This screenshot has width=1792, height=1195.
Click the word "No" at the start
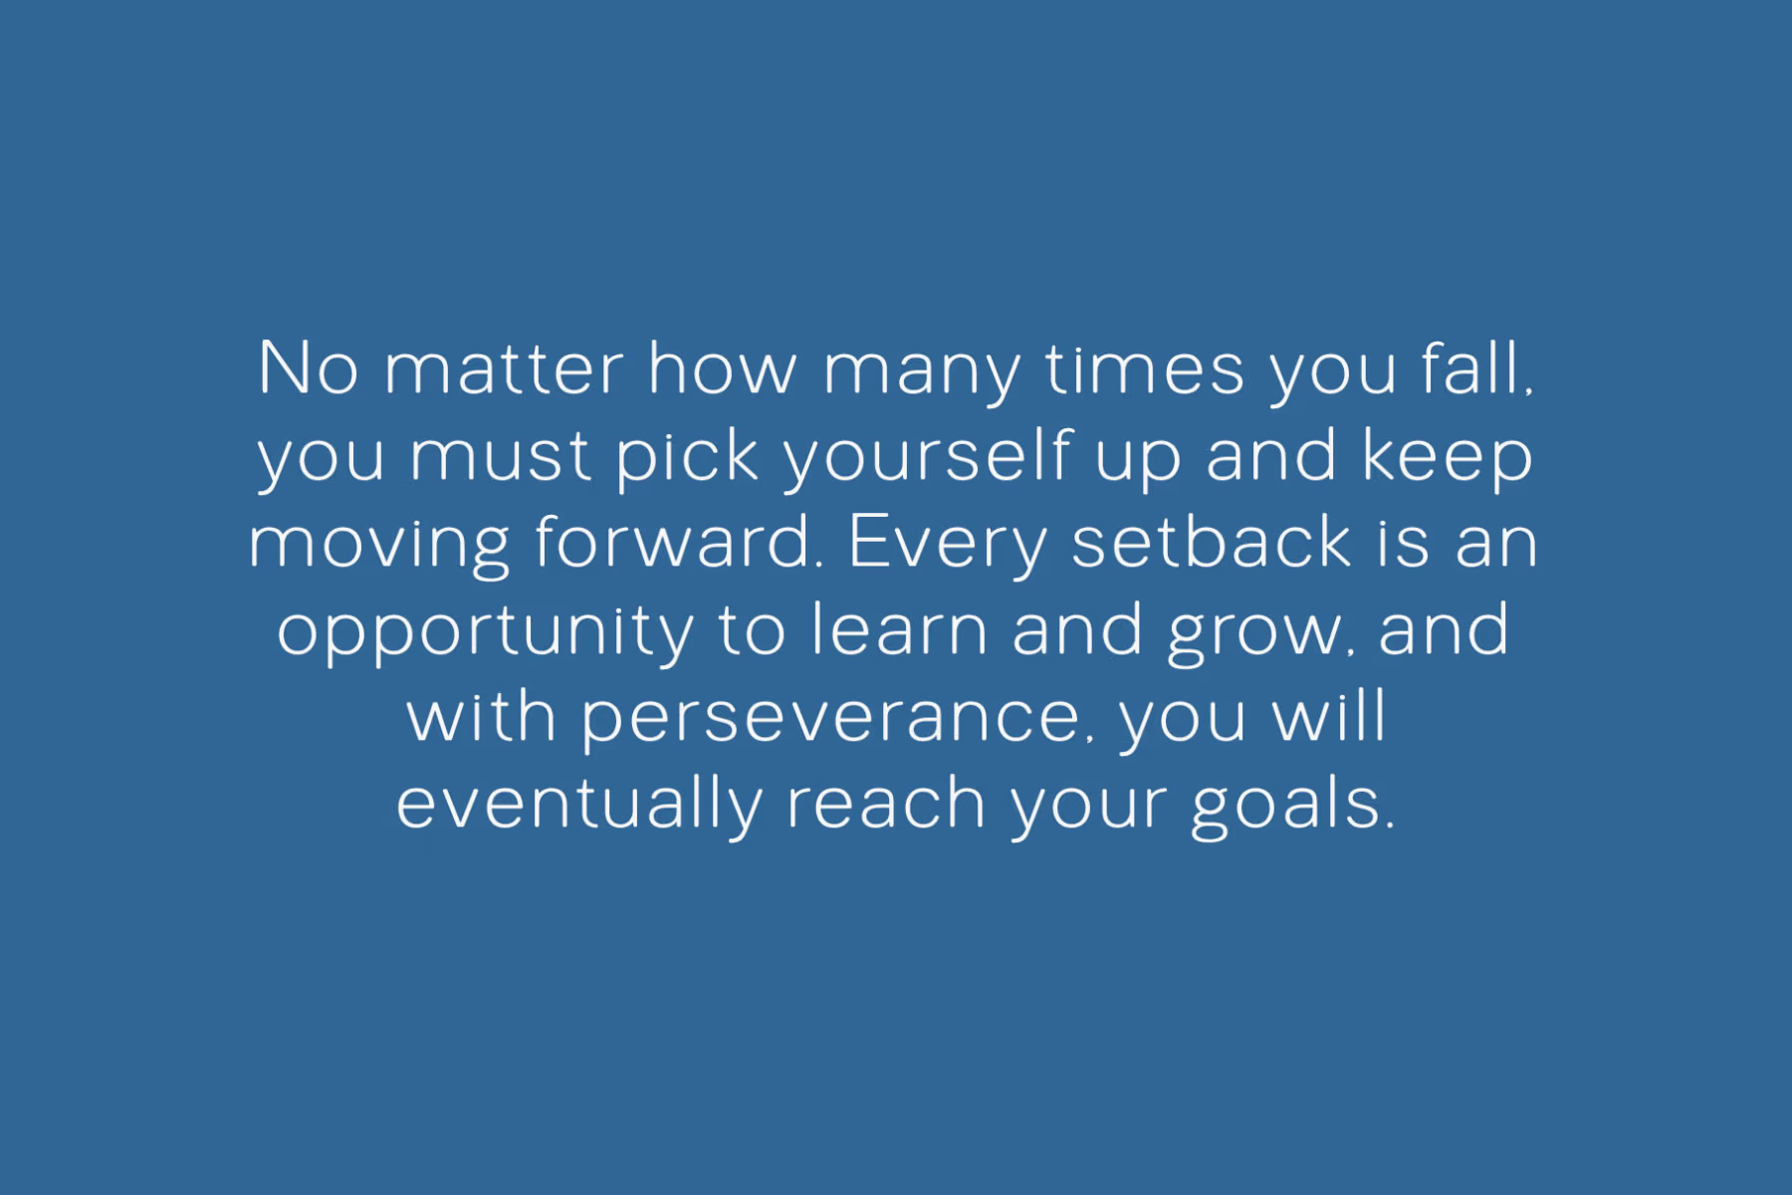308,368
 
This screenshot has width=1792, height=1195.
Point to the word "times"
1145,369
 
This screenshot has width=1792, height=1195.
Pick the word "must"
501,457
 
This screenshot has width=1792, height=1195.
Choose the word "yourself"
928,458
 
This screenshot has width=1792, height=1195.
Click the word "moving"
379,546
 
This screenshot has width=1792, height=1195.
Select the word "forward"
672,542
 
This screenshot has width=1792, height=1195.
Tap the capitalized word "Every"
947,548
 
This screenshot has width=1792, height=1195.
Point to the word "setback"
1211,543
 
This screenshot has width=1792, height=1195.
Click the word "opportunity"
485,633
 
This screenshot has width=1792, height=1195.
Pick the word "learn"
899,629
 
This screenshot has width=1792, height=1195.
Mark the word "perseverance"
830,722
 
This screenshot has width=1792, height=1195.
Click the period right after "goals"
1390,826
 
